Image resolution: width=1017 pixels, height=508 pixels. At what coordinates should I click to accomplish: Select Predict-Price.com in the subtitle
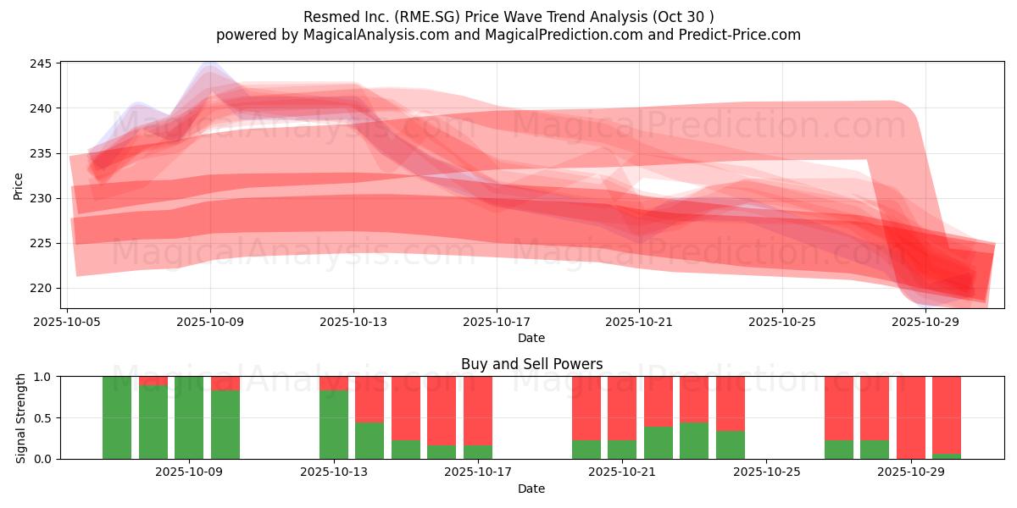(x=742, y=35)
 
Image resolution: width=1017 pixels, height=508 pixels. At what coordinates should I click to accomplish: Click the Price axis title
(x=19, y=185)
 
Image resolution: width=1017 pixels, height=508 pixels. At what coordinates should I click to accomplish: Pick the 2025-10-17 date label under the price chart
(x=497, y=323)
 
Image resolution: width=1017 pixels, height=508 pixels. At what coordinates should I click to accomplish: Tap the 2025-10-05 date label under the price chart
(x=68, y=323)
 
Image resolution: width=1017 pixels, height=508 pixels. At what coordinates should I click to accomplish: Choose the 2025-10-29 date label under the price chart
(x=925, y=323)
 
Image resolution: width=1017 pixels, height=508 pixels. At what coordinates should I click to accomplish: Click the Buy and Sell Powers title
(x=531, y=364)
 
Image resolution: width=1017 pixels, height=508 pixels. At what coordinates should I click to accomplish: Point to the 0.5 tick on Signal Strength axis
(x=42, y=417)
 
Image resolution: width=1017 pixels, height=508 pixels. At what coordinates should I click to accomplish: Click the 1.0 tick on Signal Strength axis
(x=42, y=377)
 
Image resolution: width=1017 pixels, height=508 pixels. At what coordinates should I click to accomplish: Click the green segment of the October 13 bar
(x=334, y=424)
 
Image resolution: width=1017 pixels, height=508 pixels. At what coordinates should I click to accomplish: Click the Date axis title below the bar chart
(x=531, y=489)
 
